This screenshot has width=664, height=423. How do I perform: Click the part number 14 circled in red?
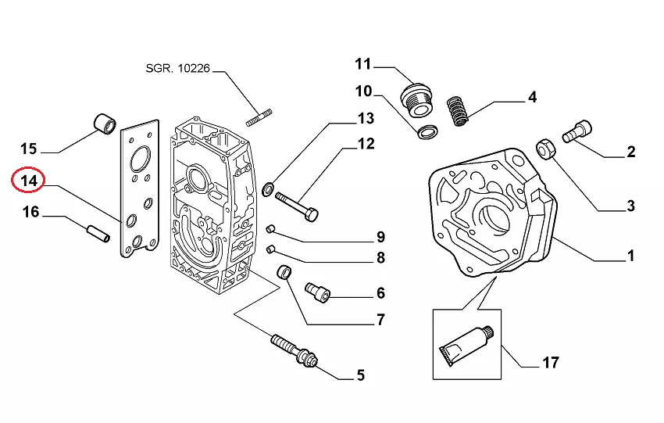(29, 181)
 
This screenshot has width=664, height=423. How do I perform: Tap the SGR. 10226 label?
(178, 69)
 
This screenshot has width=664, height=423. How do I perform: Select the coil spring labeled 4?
(460, 109)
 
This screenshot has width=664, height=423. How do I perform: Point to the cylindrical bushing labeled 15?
(105, 122)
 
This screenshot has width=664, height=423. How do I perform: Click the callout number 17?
(550, 363)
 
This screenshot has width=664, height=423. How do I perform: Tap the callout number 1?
(630, 256)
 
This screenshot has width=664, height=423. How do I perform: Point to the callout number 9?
(380, 237)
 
